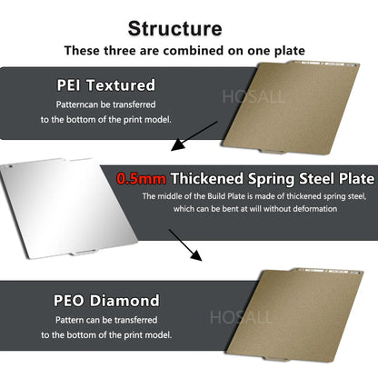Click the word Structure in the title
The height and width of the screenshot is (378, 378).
click(x=188, y=28)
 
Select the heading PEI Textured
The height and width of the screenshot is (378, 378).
click(x=106, y=85)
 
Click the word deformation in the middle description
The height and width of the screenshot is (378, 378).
click(x=312, y=208)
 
